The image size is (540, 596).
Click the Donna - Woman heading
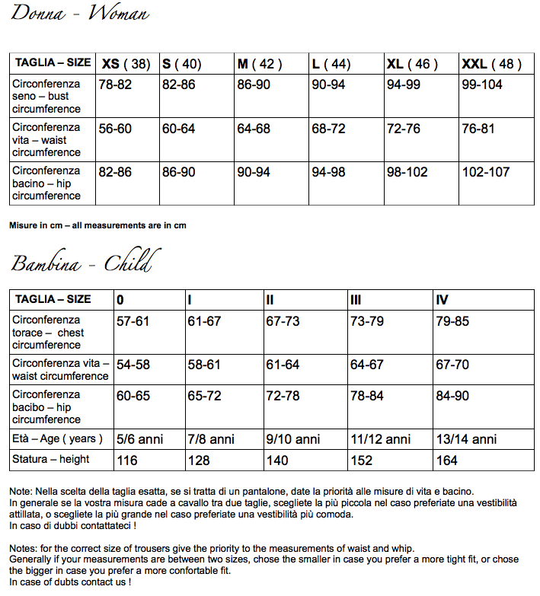pos(80,14)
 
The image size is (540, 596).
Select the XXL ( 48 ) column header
pos(492,64)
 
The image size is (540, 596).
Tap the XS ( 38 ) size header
pos(126,64)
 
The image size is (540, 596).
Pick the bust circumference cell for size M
pos(254,84)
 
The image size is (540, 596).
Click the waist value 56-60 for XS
pos(115,129)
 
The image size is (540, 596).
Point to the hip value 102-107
pos(486,172)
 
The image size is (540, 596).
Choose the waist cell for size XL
pos(404,129)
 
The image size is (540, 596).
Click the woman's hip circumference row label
pos(47,183)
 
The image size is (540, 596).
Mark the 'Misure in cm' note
pos(97,225)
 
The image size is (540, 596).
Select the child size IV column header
pos(443,300)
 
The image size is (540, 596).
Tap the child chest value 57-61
pos(133,321)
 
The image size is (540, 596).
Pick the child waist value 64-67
pos(367,365)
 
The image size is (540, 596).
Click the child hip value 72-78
pos(283,396)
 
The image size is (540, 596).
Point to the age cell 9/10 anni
pos(293,439)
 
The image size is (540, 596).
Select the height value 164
pos(447,460)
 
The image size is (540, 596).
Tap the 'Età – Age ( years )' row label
pos(56,438)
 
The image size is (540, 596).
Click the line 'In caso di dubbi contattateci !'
pos(73,525)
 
